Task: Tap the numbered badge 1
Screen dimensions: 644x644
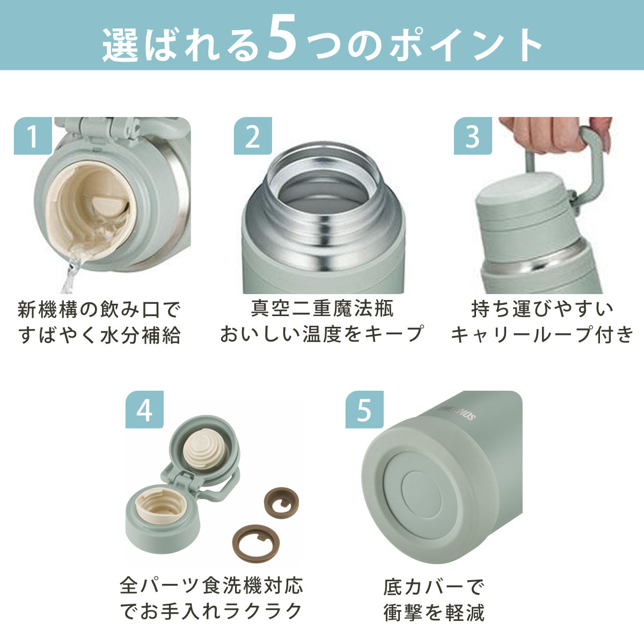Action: point(33,136)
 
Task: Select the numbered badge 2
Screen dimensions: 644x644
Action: point(253,136)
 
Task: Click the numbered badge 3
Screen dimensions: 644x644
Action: point(473,136)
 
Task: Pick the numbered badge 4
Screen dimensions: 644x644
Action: point(144,409)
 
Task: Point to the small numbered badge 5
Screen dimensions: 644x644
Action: point(364,409)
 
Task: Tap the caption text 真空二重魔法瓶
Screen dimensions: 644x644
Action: point(323,309)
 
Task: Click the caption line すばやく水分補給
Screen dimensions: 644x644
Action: point(99,335)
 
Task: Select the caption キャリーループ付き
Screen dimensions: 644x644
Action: point(542,334)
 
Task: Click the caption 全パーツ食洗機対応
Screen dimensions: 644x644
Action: point(211,586)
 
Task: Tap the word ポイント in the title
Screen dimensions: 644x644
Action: point(466,44)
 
